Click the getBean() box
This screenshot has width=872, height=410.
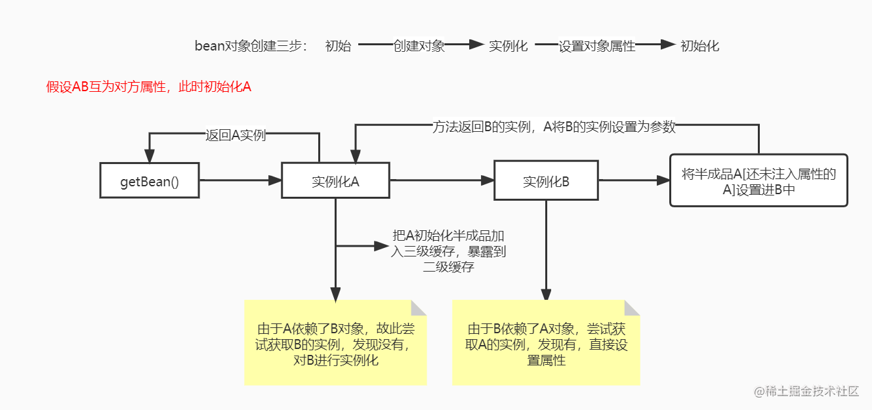coord(150,180)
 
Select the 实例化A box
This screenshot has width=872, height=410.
coord(335,180)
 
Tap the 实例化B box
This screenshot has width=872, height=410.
coord(546,180)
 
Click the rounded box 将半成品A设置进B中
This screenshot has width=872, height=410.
coord(758,180)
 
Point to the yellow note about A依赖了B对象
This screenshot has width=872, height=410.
coord(335,342)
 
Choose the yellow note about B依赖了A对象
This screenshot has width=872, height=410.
coord(546,342)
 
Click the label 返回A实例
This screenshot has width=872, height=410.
coord(236,135)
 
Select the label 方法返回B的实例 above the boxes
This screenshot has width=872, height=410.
coord(554,128)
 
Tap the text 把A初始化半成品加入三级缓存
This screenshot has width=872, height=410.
coord(449,251)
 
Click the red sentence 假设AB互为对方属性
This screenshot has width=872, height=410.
coord(149,87)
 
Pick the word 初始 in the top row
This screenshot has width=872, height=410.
coord(338,46)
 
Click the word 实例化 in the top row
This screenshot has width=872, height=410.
coord(509,46)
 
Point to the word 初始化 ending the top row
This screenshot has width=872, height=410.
coord(699,46)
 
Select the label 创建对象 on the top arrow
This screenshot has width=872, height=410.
coord(419,46)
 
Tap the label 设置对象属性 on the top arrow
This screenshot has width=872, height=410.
coord(597,46)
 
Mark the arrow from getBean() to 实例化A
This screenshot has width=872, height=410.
coord(240,180)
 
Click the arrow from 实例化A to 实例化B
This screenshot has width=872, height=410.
coord(442,180)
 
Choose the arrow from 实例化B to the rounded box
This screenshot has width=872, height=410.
coord(634,180)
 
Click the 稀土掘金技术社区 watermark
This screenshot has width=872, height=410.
coord(807,392)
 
